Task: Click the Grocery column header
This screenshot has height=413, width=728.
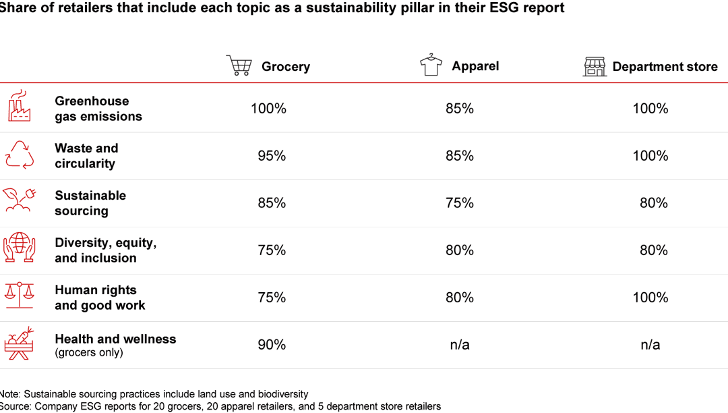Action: (286, 67)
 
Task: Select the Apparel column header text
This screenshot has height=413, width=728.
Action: (475, 66)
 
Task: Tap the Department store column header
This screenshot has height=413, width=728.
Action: (665, 67)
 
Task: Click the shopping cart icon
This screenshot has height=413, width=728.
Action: (239, 65)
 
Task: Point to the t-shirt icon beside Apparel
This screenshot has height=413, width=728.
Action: (431, 65)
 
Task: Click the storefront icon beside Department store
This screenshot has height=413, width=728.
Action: (595, 66)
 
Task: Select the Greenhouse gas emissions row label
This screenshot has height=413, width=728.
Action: (98, 109)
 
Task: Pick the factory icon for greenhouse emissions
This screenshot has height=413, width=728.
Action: (20, 106)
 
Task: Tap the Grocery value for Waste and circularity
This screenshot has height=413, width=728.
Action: (272, 156)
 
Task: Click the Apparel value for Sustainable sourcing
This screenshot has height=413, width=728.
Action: (460, 203)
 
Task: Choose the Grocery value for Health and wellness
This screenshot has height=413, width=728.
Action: (272, 345)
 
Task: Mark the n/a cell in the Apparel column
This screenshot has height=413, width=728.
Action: (460, 345)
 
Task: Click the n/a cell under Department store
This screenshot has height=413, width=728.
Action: (650, 345)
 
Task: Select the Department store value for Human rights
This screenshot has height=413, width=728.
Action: (650, 298)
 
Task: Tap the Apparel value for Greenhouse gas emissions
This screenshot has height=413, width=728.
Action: (460, 109)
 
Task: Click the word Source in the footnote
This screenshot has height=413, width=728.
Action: (15, 406)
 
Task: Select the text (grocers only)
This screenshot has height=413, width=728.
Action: (89, 352)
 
